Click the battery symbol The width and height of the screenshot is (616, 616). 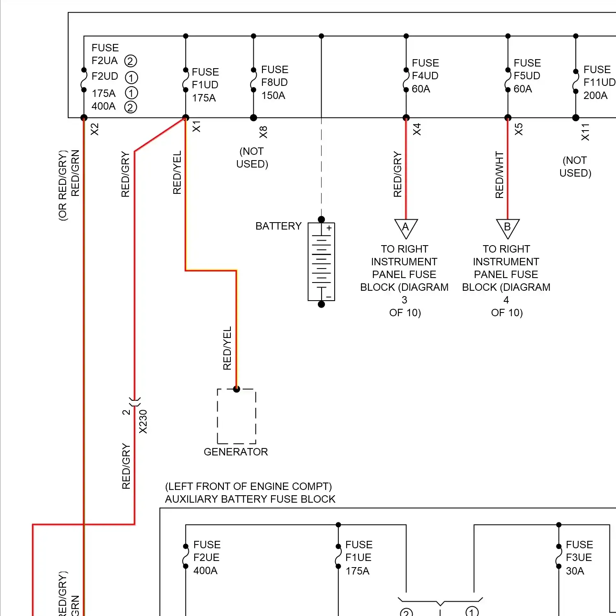(x=321, y=262)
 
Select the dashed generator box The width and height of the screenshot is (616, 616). (x=237, y=416)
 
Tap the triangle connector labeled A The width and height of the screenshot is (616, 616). (x=406, y=228)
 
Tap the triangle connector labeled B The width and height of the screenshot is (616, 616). (x=508, y=228)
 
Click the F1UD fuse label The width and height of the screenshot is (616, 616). (x=205, y=85)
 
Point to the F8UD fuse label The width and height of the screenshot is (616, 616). (x=274, y=83)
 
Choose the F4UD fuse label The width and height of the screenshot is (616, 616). (x=425, y=76)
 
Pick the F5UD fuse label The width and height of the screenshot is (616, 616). (x=527, y=76)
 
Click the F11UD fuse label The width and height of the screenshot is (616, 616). (x=599, y=83)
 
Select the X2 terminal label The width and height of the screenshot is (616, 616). (x=95, y=129)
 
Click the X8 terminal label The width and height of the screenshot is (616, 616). (x=263, y=132)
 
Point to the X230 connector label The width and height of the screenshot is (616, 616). (x=143, y=422)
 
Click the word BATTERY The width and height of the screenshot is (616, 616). (x=278, y=226)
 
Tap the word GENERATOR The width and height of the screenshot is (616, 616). (x=236, y=452)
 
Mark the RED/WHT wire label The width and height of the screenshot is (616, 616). (x=499, y=175)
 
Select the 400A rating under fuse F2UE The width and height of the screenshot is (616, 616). (x=205, y=570)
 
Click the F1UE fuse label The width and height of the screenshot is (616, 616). (x=358, y=558)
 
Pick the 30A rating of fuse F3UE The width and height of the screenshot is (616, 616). (x=575, y=571)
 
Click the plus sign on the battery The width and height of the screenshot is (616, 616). (x=329, y=228)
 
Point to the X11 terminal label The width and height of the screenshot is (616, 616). (x=585, y=132)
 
